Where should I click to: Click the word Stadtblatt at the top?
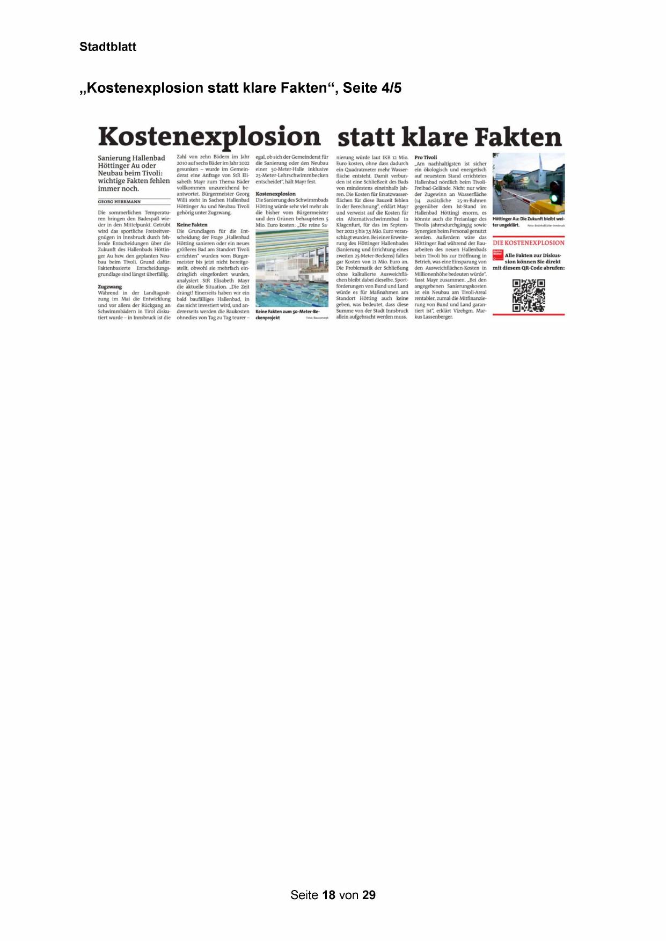[x=108, y=47]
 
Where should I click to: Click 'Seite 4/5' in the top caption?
[x=372, y=87]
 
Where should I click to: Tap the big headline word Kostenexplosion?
[x=209, y=137]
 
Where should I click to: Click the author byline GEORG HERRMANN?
[x=119, y=202]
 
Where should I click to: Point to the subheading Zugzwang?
[x=110, y=287]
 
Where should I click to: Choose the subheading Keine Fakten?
[x=192, y=225]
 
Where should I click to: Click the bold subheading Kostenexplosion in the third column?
[x=275, y=194]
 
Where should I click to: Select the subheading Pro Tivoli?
[x=426, y=157]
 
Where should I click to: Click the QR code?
[x=529, y=295]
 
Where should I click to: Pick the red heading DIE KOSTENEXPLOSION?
[x=529, y=243]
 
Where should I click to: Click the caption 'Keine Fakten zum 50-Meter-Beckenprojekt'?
[x=284, y=314]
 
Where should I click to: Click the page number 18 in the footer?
[x=329, y=895]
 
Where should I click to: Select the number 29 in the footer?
[x=369, y=895]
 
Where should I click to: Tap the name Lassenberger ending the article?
[x=438, y=317]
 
